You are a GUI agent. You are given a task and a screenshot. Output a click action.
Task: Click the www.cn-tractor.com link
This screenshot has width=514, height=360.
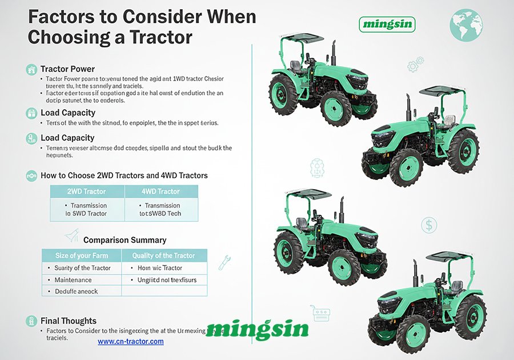coord(130,341)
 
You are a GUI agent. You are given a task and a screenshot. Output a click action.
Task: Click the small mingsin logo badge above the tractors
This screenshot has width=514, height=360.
coord(387,24)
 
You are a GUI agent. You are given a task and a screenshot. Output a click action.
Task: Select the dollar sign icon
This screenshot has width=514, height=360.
coord(429,225)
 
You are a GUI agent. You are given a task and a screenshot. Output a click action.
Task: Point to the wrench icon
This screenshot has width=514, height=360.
coord(224,262)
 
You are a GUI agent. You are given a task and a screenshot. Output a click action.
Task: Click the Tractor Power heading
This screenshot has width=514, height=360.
coord(67,69)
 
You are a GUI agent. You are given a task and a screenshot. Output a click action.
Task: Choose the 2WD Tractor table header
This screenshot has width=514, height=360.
coord(87,191)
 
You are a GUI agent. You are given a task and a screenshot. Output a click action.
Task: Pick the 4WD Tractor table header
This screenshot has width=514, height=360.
coord(160,191)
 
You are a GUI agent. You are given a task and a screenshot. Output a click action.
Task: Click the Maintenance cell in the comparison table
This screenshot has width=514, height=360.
coord(73,280)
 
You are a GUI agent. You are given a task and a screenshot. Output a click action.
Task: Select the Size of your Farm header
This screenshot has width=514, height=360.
coord(82,255)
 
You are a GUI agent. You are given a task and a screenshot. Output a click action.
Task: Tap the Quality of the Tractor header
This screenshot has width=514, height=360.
coord(163,255)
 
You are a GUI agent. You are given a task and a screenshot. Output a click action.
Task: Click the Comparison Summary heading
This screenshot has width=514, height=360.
coord(125,240)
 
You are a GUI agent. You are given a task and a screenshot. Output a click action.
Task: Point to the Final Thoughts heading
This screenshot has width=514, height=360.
coord(69,321)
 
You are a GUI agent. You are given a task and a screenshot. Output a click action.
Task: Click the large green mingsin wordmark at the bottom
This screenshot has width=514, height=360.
coord(257,329)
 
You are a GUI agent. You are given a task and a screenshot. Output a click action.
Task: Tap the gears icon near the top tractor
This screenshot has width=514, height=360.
coord(415,64)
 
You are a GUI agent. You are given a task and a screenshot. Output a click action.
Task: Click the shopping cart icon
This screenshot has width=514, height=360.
coord(320,313)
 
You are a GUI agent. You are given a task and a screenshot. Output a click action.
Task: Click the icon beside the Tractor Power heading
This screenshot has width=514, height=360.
coord(31,70)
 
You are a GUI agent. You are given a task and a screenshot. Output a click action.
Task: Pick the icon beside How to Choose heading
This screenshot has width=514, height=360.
coord(31,176)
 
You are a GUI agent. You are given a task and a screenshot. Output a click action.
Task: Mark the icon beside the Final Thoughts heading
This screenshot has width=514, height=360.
coord(31,321)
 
